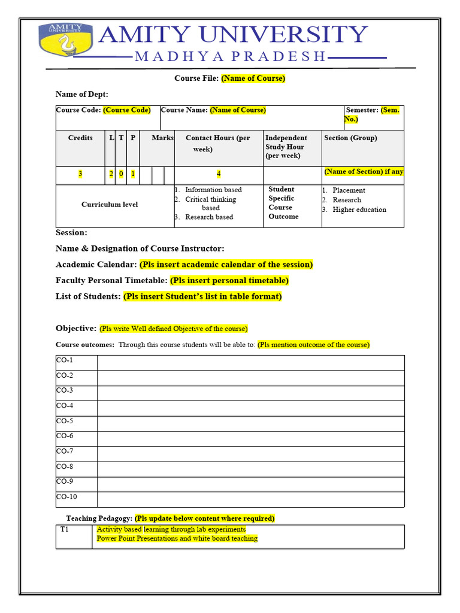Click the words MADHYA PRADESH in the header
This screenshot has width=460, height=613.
231,57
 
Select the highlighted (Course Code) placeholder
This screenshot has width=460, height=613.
127,110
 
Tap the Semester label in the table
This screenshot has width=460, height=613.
362,110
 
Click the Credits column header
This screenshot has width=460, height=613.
80,138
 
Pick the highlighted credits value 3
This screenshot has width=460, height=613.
80,174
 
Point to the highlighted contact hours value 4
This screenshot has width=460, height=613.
219,174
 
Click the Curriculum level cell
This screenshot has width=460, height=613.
110,205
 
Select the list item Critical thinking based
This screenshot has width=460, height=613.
210,204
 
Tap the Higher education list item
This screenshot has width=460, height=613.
359,210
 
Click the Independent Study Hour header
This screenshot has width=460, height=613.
286,147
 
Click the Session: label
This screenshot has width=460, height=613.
71,233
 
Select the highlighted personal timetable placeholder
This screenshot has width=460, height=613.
229,280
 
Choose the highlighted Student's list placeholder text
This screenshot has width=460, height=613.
202,296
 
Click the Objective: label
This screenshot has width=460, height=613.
76,329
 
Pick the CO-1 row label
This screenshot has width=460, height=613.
65,360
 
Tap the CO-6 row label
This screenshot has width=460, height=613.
65,436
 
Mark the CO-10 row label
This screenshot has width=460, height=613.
66,497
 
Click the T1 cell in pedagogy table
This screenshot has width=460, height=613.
64,530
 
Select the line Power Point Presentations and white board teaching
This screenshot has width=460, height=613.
177,539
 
